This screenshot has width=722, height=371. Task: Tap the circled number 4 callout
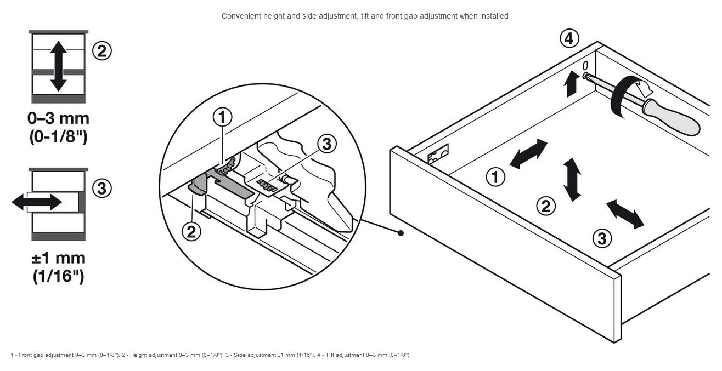pyautogui.click(x=569, y=39)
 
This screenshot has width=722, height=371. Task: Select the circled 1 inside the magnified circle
pyautogui.click(x=222, y=117)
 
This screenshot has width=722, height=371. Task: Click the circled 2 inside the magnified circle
pyautogui.click(x=191, y=232)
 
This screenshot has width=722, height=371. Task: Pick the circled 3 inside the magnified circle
pyautogui.click(x=327, y=144)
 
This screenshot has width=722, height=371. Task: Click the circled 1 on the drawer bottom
pyautogui.click(x=495, y=177)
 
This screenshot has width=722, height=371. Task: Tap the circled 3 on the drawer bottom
pyautogui.click(x=602, y=238)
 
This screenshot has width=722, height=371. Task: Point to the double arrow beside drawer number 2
pyautogui.click(x=572, y=179)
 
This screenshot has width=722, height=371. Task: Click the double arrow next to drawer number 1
pyautogui.click(x=528, y=153)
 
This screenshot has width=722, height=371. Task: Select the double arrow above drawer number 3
pyautogui.click(x=625, y=214)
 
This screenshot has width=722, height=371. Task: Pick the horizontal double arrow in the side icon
pyautogui.click(x=37, y=202)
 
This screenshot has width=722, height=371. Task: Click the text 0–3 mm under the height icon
pyautogui.click(x=58, y=118)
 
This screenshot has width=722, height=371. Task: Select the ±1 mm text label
pyautogui.click(x=58, y=258)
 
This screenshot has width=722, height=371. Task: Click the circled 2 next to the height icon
pyautogui.click(x=101, y=51)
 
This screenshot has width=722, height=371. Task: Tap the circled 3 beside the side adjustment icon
pyautogui.click(x=101, y=188)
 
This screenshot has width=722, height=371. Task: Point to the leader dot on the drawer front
pyautogui.click(x=401, y=233)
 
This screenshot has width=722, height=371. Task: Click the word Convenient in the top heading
pyautogui.click(x=239, y=16)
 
